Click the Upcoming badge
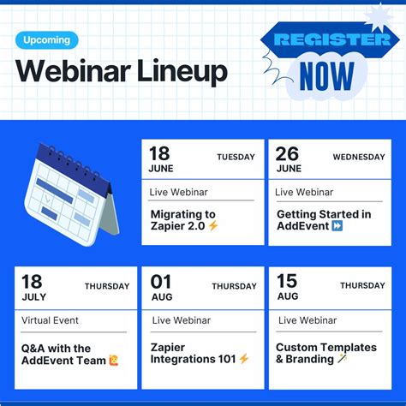tap(46, 39)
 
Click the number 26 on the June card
tap(287, 153)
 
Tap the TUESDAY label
tap(235, 157)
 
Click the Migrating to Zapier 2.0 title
tap(183, 220)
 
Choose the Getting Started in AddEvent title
tap(323, 220)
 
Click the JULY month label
tap(34, 297)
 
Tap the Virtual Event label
tap(50, 320)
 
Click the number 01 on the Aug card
tap(161, 282)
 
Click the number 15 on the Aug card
tap(287, 282)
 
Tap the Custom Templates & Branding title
tap(325, 353)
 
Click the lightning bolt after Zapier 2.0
tap(213, 226)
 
